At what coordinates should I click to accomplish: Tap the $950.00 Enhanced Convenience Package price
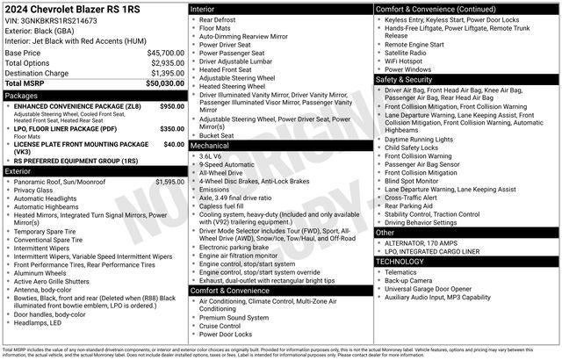(172, 106)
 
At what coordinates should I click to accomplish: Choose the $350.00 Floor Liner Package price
(172, 129)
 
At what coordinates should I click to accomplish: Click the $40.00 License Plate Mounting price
(174, 144)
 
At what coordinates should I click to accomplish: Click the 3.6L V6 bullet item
(211, 155)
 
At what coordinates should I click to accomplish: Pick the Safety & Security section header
(408, 79)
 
